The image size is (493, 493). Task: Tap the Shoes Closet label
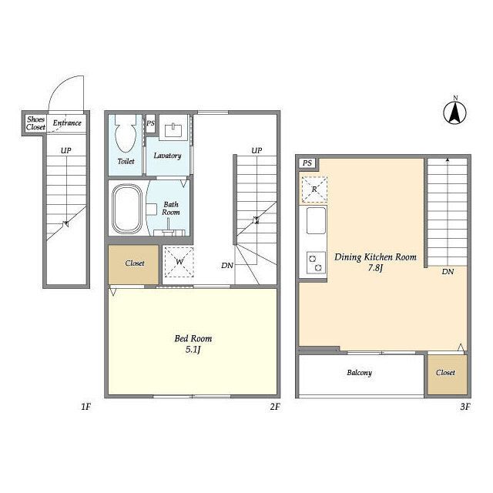pos(35,123)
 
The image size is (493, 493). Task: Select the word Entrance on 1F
pos(67,123)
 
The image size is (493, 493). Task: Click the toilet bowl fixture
pos(126,133)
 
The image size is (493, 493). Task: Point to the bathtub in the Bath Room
pos(127,209)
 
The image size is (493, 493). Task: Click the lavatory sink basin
pos(173,130)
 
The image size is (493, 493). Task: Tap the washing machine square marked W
pos(179,262)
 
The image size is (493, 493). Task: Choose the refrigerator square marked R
pos(314,189)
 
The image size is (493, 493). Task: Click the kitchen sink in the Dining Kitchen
pos(316,220)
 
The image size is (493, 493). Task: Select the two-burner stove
pos(317,263)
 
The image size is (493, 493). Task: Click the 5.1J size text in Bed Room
pos(193,350)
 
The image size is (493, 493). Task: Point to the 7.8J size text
pos(375,268)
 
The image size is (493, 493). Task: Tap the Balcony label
pos(360,373)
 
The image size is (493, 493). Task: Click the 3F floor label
pos(465,407)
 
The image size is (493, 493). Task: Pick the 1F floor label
pos(86,407)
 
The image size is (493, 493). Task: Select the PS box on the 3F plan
pos(307,163)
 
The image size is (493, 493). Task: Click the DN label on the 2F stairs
pos(227,266)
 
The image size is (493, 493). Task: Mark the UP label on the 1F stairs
pos(65,151)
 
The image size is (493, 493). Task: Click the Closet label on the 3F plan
pos(445,373)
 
